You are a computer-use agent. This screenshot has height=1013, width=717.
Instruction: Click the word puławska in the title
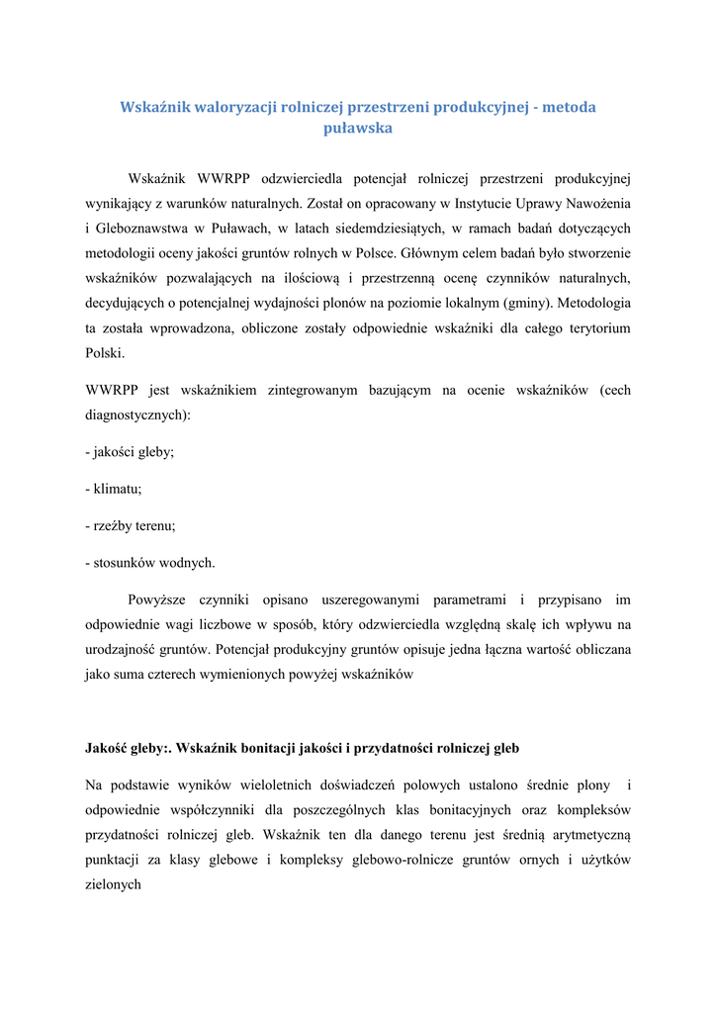(358, 129)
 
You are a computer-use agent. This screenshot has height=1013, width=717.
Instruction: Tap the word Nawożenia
(594, 204)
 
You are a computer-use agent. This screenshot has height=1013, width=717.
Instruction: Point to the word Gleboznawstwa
(140, 229)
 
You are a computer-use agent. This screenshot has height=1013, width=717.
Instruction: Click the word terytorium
(595, 326)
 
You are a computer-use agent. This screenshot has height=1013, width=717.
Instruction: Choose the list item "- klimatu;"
(114, 489)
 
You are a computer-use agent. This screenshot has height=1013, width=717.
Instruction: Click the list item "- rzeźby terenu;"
(131, 526)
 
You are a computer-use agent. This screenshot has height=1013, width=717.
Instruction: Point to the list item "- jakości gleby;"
(130, 452)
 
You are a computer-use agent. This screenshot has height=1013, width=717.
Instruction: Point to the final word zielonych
(114, 884)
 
